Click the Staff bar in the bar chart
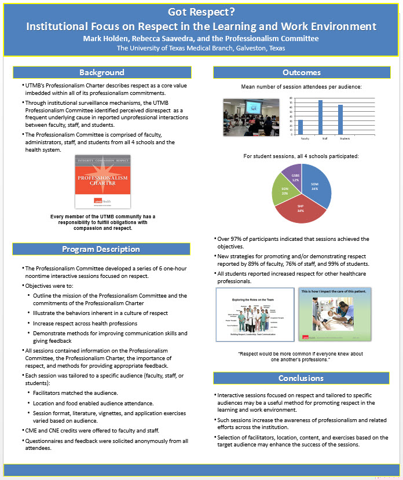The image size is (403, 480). [x=320, y=117]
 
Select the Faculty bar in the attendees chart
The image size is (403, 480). [x=301, y=127]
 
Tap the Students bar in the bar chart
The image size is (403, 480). [x=340, y=119]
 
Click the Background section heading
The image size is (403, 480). [x=101, y=72]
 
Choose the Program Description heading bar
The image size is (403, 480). [x=101, y=249]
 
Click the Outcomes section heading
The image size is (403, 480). [x=302, y=72]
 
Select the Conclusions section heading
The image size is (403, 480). [x=302, y=378]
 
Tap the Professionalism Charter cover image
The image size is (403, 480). [x=102, y=182]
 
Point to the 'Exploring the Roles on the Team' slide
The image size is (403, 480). [x=254, y=314]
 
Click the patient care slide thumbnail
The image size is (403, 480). [x=335, y=314]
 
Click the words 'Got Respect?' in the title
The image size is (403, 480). [x=201, y=12]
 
